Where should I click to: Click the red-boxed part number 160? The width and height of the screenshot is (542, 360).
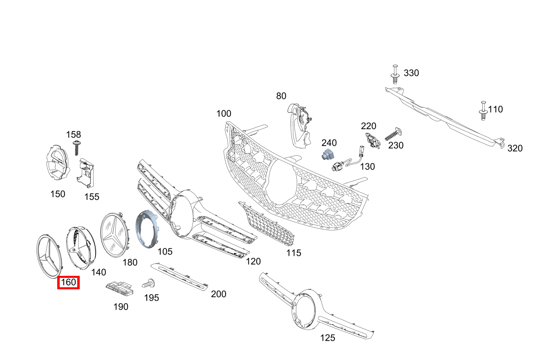pos(68,282)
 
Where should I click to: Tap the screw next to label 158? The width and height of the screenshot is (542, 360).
pos(76,148)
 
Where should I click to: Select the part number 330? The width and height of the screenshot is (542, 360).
pos(411,73)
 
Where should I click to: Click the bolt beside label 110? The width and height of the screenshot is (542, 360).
pos(483,111)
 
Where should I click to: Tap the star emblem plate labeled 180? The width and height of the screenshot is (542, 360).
pos(115,235)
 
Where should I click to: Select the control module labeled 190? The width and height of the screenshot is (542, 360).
pos(120,288)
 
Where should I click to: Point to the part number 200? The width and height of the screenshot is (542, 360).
pos(218,294)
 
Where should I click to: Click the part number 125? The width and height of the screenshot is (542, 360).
pos(328,338)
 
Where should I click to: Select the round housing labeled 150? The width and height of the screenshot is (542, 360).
pos(56,162)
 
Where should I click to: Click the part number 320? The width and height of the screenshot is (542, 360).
pos(515,148)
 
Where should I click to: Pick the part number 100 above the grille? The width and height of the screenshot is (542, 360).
pos(224,114)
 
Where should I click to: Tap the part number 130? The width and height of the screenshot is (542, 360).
pos(367,167)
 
